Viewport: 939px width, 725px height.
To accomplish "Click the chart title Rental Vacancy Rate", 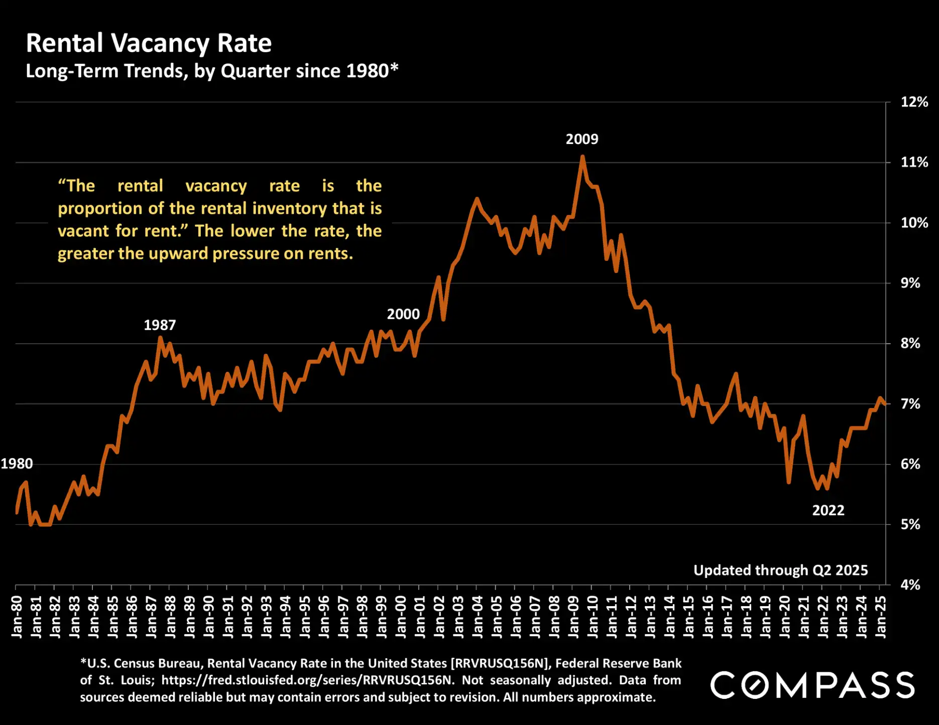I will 149,43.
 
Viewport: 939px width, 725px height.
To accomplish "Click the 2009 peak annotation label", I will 581,139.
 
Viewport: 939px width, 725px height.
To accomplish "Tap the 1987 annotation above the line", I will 160,325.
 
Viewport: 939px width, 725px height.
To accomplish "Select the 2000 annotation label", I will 403,314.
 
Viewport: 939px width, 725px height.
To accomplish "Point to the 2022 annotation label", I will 828,510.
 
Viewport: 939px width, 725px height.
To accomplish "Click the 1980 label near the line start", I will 17,464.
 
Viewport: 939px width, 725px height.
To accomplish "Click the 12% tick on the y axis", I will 914,102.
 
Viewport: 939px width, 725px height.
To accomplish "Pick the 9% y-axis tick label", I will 910,283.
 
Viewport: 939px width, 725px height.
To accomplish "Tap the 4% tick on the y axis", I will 910,585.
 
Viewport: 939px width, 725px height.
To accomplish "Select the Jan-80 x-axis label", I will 17,617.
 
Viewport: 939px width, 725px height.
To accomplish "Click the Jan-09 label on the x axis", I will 573,617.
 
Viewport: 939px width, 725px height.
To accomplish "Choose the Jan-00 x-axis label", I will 401,617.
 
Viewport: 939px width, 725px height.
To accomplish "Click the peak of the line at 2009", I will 582,157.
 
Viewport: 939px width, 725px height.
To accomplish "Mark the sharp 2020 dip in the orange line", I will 789,482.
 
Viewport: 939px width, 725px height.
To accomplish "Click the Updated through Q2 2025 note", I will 780,570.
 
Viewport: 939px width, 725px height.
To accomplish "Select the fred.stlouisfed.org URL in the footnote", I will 307,680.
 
